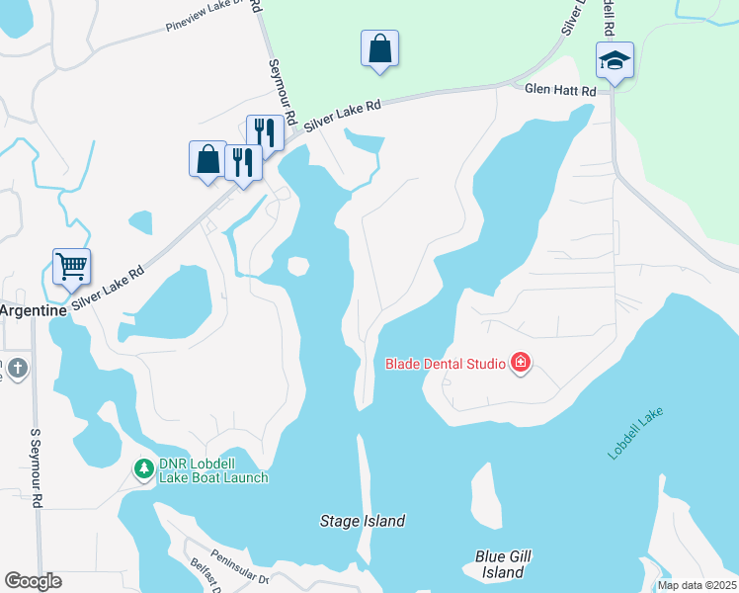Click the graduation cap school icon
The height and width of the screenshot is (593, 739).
pos(614,61)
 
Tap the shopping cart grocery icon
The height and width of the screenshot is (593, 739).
pos(71,265)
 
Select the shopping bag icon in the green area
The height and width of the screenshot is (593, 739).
pos(380,48)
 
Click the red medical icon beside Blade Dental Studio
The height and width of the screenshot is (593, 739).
pos(520,365)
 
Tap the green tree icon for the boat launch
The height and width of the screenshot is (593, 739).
pos(144,468)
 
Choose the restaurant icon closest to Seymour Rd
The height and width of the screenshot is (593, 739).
pos(265,132)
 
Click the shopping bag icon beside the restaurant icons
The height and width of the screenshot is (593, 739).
pos(207,159)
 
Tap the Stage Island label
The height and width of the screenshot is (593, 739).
pos(363,521)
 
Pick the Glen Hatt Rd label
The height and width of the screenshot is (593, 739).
pos(560,90)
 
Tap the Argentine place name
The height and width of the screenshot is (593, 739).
pos(33,310)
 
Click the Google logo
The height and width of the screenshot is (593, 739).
pos(33,581)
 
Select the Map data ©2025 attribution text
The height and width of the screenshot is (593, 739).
pos(695,585)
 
